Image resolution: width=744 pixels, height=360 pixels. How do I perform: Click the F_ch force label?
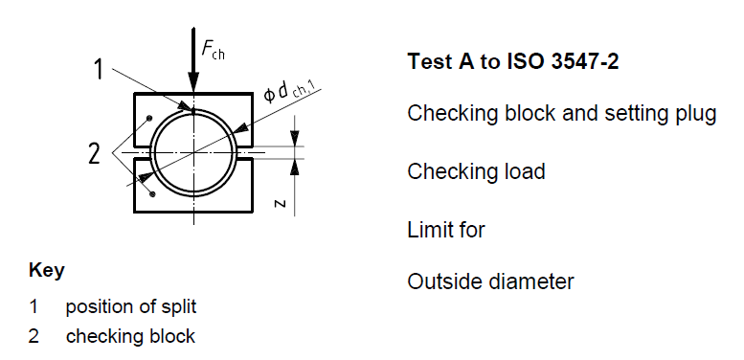click(213, 49)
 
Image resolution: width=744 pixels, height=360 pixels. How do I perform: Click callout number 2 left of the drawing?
click(94, 153)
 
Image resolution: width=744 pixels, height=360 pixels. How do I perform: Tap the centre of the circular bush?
click(193, 153)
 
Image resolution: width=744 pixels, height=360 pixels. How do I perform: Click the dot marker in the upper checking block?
click(150, 119)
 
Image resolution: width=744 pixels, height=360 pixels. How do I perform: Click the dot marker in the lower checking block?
click(151, 194)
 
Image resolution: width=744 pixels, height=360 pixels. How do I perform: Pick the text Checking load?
click(476, 171)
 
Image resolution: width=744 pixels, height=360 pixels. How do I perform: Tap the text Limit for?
click(446, 230)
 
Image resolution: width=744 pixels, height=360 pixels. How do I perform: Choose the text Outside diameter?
click(490, 281)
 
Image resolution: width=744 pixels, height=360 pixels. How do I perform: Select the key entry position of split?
click(131, 307)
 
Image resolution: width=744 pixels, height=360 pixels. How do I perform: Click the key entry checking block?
click(130, 336)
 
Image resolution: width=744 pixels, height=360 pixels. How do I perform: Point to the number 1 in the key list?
click(34, 307)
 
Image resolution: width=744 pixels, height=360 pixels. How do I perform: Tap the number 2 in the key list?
click(34, 336)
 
